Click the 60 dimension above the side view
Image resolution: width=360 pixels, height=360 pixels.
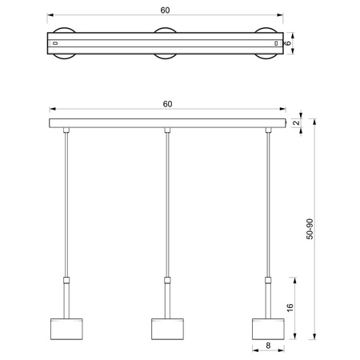[166, 104]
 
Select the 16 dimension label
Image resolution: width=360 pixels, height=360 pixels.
[290, 306]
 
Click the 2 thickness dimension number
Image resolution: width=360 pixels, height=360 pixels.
[296, 123]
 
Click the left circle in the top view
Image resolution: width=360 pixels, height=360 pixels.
[63, 42]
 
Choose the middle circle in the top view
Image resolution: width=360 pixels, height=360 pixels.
[166, 42]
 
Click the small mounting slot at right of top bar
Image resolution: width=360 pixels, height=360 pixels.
[276, 42]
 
